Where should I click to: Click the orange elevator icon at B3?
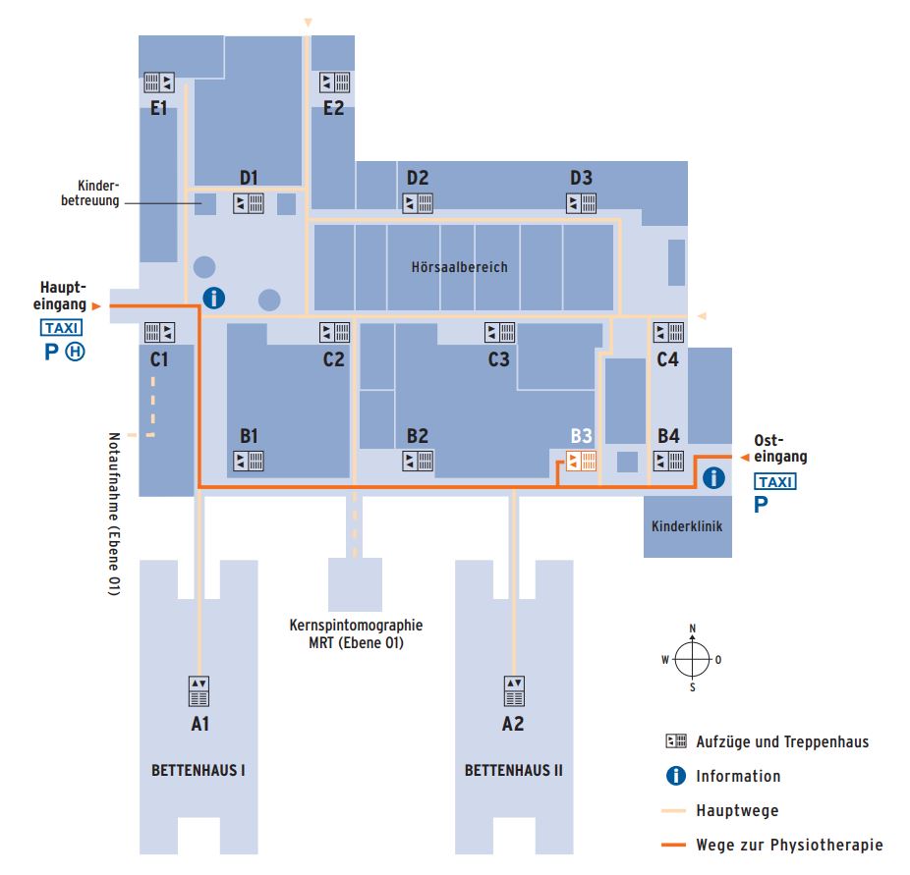point(581,461)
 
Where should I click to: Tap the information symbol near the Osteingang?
point(713,478)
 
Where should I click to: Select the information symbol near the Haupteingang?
point(213,298)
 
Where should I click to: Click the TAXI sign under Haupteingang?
point(62,328)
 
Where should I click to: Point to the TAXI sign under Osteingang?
point(775,481)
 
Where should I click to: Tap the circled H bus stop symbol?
point(75,352)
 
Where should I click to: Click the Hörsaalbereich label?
point(459,267)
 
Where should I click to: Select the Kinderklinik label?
point(687,526)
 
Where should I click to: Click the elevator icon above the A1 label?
point(199,691)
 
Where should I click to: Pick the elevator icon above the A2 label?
point(514,691)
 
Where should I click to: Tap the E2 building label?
point(333,108)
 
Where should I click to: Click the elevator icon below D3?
point(581,203)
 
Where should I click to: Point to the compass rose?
point(692,659)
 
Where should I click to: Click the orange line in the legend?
point(673,845)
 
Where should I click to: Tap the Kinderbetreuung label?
point(90,193)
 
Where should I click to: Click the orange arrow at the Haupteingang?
point(96,306)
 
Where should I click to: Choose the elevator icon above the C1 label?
point(159,332)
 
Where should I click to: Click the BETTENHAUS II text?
point(514,771)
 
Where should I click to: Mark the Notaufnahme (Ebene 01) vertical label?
point(114,514)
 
